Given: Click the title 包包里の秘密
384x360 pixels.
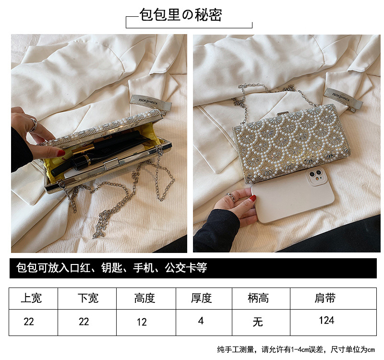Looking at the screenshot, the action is point(181,14).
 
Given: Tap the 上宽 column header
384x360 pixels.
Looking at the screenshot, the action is point(31,298).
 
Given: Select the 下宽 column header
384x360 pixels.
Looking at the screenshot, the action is point(88,298).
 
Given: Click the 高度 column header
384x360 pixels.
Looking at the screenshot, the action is point(144,298).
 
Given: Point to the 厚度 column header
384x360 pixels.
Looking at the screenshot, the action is point(201,298).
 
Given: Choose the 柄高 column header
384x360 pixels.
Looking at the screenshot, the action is point(258,298).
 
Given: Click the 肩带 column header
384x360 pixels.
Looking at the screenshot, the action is point(325,298).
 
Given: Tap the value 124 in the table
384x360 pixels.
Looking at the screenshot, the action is point(326,320).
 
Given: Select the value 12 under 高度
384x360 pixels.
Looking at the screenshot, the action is point(142,322).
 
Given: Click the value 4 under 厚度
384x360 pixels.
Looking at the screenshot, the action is point(201,321).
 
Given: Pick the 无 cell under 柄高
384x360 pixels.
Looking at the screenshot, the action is point(258,322).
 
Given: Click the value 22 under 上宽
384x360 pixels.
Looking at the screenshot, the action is point(29,322).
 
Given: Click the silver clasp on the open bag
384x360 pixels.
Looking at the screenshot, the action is point(111,164).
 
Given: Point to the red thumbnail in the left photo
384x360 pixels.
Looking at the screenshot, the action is point(61,153).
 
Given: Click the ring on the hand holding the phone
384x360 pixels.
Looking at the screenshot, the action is point(231,197).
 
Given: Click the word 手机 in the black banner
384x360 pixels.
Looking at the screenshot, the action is point(143,268).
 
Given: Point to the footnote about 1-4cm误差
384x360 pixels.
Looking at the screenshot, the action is point(296,349).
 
